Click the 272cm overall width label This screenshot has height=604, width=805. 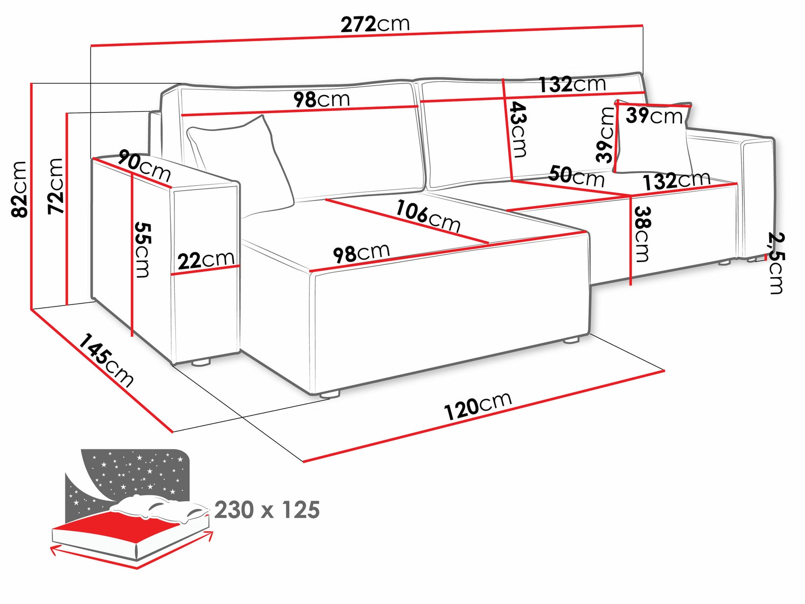click(x=375, y=24)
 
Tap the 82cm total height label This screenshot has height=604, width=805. click(x=20, y=189)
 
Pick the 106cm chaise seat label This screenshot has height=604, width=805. click(x=428, y=216)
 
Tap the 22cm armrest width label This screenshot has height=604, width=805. click(x=206, y=260)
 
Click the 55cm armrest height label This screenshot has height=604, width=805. click(x=143, y=250)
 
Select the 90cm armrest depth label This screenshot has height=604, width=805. click(x=144, y=165)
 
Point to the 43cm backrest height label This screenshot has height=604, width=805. click(x=518, y=130)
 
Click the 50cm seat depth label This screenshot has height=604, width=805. click(x=576, y=176)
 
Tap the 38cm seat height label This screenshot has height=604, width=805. click(x=642, y=234)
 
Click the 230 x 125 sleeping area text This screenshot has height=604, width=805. click(x=267, y=510)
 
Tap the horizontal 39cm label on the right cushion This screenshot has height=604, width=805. click(x=654, y=116)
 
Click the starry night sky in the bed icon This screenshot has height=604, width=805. click(x=135, y=471)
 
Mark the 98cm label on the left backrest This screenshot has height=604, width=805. click(x=321, y=99)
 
